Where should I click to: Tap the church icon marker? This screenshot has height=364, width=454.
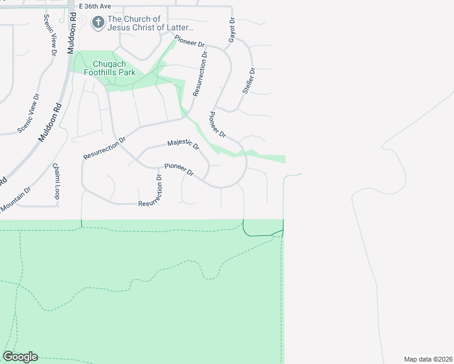[x=98, y=22]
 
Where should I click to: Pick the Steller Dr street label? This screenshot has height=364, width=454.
[x=249, y=81]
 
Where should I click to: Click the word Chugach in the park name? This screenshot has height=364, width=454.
[x=109, y=64]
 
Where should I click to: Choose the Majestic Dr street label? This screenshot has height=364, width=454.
[x=183, y=144]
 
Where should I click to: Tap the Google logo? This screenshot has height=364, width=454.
[x=20, y=357]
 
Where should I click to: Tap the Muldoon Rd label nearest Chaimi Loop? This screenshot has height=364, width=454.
[x=50, y=122]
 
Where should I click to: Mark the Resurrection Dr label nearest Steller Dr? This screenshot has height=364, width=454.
[x=200, y=73]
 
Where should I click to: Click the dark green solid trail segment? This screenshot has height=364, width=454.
[x=261, y=235]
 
